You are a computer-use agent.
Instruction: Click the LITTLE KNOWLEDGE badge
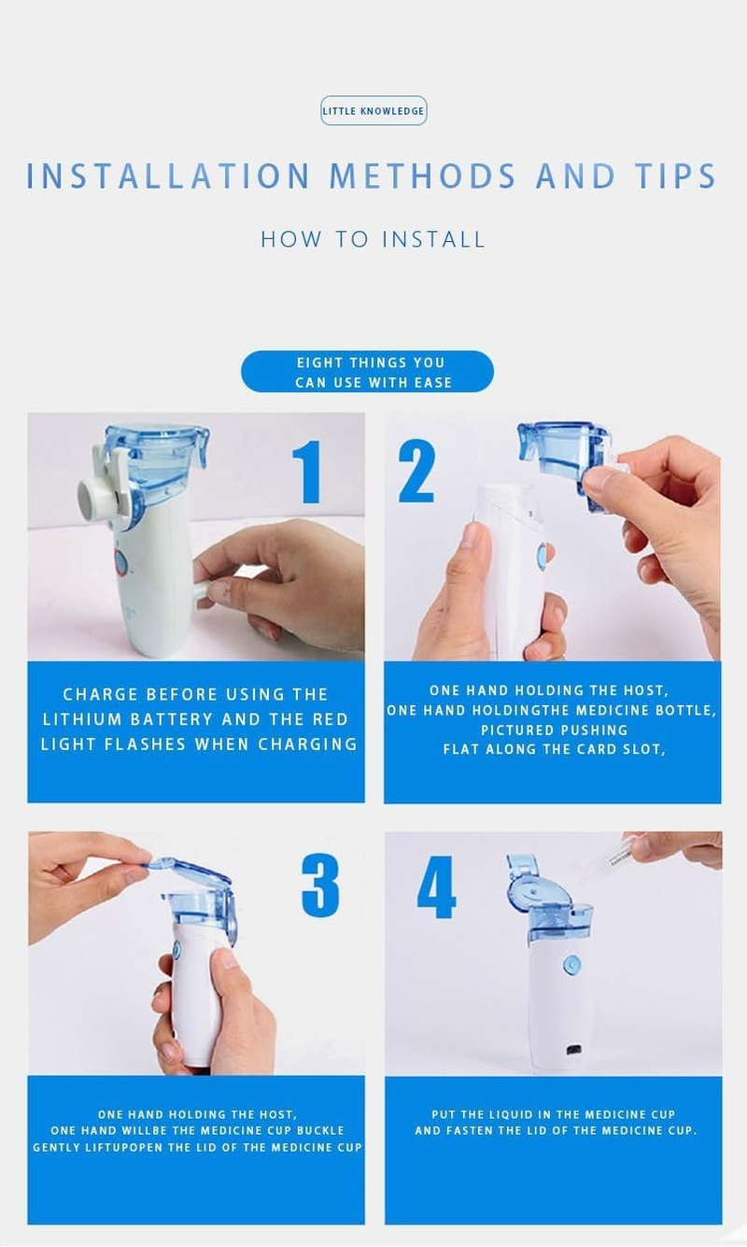(x=373, y=111)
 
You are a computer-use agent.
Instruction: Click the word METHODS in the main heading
(x=423, y=176)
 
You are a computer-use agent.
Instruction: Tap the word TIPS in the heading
(x=670, y=176)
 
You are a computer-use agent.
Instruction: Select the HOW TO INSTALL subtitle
(x=373, y=239)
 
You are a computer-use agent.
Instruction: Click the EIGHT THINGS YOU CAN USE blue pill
(x=367, y=372)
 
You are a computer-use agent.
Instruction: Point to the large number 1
(x=308, y=473)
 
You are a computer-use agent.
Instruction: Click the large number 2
(x=416, y=473)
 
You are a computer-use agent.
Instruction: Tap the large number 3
(x=319, y=887)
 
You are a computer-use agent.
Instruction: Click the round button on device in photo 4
(x=571, y=965)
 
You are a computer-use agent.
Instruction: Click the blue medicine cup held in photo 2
(x=560, y=448)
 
